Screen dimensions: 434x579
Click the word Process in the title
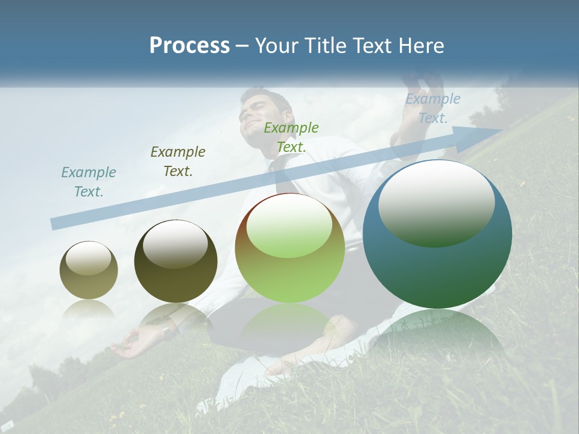pyautogui.click(x=189, y=46)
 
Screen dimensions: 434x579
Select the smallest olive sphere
pyautogui.click(x=89, y=270)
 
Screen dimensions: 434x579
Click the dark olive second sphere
pyautogui.click(x=176, y=261)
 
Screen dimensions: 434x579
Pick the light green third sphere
pyautogui.click(x=289, y=248)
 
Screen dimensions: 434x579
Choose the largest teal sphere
pyautogui.click(x=437, y=234)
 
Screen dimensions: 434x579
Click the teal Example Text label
pyautogui.click(x=88, y=182)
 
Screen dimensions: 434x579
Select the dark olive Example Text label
pyautogui.click(x=178, y=162)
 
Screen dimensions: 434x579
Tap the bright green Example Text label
pyautogui.click(x=291, y=137)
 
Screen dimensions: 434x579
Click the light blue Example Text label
pyautogui.click(x=432, y=108)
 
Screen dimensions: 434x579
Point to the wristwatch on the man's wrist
pyautogui.click(x=166, y=330)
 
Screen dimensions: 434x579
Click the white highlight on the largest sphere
pyautogui.click(x=436, y=202)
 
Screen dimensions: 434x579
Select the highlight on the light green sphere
pyautogui.click(x=289, y=226)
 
